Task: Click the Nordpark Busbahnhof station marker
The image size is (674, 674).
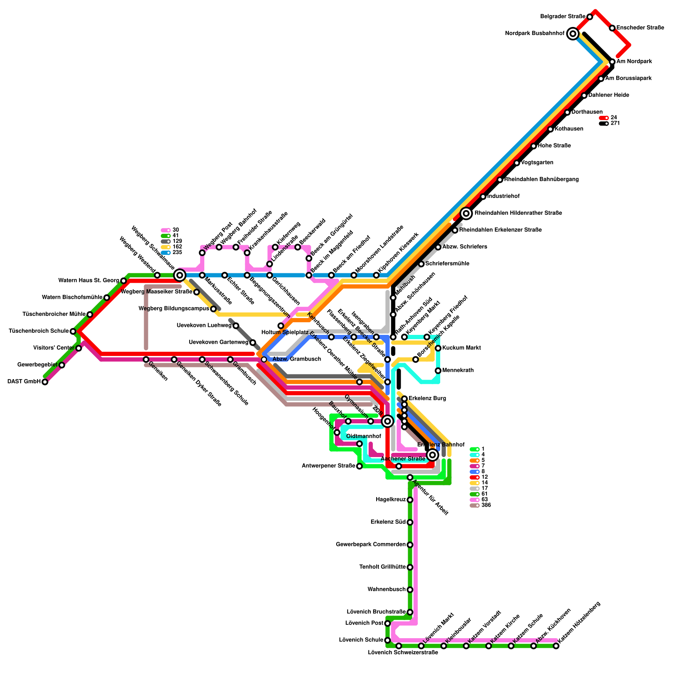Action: pos(572,33)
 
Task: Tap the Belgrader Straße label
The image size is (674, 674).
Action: pos(563,16)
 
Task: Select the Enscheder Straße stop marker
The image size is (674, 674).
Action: pos(612,28)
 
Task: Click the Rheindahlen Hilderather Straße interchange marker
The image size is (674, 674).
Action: pos(466,213)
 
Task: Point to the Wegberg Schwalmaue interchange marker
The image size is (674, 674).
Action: pos(179,275)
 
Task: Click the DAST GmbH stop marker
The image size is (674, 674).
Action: pos(45,382)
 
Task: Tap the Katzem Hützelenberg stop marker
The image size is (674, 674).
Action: pos(556,646)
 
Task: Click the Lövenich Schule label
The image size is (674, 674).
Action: pos(361,640)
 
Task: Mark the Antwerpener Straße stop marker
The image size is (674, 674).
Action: pos(359,466)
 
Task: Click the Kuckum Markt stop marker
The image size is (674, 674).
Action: pos(438,348)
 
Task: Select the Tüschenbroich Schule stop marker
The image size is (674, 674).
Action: pos(73,331)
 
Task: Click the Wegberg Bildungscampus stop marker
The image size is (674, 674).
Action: pos(213,309)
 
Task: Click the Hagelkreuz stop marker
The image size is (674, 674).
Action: pos(410,500)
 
